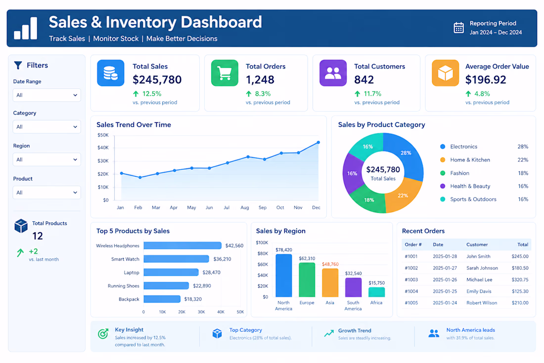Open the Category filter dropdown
pos(47,127)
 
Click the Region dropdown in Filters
pos(47,159)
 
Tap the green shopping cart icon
pos(225,73)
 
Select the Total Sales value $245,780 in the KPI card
pos(157,80)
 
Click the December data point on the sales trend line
pos(318,143)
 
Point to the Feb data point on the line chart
pos(140,177)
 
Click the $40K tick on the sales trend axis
pos(103,148)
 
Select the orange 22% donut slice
pos(403,195)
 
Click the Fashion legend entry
pos(460,173)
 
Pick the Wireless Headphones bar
pos(182,246)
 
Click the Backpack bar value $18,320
pos(193,299)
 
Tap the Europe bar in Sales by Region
pos(307,280)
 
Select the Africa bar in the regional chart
pos(376,292)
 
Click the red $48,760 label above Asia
pos(330,264)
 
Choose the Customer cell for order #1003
pos(479,280)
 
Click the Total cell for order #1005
pos(520,303)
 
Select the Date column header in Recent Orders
pos(438,245)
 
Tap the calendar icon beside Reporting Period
pos(458,28)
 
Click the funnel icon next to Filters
pos(18,65)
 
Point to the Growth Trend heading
pos(355,331)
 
